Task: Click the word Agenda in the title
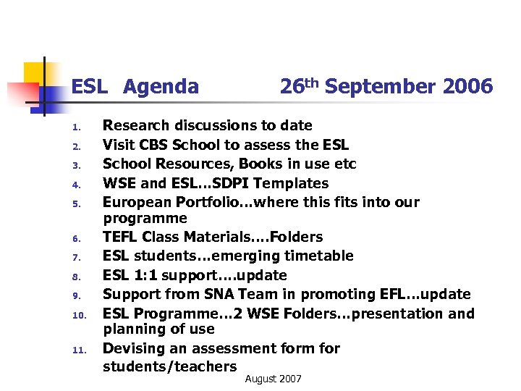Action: click(161, 88)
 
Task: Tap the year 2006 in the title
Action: click(467, 87)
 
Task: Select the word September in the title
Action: click(380, 87)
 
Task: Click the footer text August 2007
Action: click(274, 379)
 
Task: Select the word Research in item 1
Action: click(136, 125)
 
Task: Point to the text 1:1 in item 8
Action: click(147, 275)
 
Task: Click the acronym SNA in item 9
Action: click(226, 294)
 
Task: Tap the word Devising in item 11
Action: click(134, 348)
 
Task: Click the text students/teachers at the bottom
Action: click(170, 366)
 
